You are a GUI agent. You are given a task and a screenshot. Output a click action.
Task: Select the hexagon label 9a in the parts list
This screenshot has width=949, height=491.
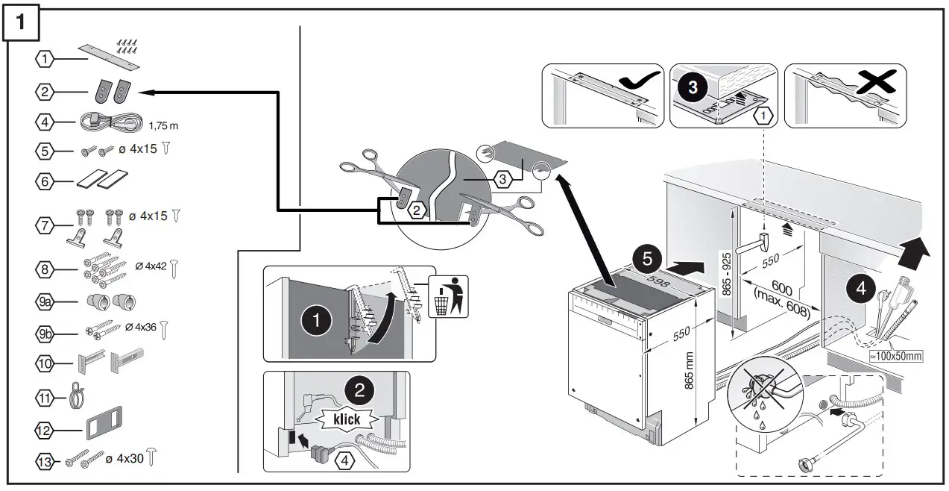[45, 301]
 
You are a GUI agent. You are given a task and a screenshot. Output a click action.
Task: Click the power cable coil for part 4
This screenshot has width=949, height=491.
[109, 122]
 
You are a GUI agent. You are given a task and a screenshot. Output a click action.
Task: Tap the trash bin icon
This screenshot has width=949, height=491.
[445, 296]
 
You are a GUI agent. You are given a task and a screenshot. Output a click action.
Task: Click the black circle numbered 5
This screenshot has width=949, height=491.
[647, 260]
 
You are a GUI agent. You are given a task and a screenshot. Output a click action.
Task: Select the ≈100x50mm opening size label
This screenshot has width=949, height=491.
[897, 357]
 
